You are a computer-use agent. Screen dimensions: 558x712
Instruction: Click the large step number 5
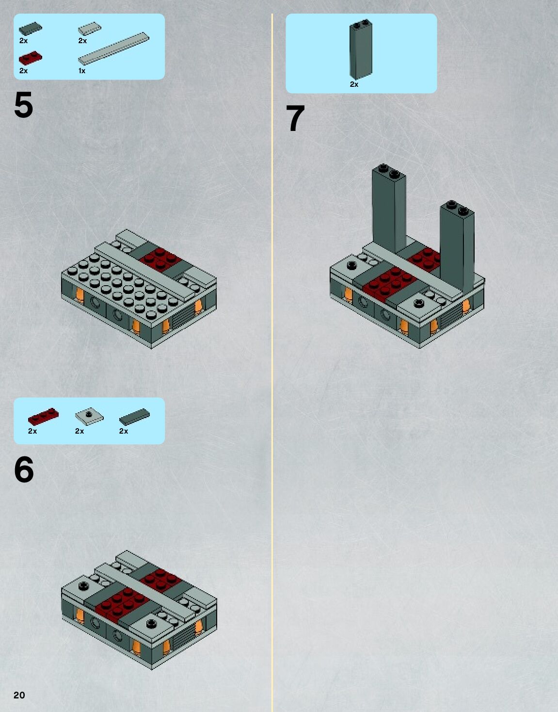click(24, 105)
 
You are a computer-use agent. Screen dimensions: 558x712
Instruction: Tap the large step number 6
click(24, 469)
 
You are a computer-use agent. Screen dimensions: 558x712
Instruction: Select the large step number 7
click(295, 118)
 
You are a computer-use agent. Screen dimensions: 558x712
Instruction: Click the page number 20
click(19, 695)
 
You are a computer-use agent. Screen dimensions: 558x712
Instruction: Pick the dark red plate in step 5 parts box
click(31, 58)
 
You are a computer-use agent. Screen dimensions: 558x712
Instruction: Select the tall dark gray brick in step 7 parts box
click(361, 49)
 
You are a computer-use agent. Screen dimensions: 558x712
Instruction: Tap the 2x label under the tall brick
click(354, 84)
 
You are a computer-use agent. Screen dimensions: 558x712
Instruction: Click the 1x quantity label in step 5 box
click(82, 71)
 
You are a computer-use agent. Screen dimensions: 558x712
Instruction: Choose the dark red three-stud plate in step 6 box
click(44, 417)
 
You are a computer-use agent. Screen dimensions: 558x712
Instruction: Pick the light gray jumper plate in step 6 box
click(89, 417)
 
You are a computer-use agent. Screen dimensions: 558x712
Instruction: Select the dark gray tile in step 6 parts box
click(134, 417)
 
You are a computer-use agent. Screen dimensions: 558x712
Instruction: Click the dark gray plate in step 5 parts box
click(31, 29)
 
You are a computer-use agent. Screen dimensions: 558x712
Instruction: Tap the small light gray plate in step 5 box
click(89, 29)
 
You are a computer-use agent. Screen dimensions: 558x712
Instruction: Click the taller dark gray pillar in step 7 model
click(389, 209)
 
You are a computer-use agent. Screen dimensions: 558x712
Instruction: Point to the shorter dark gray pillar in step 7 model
click(457, 246)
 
